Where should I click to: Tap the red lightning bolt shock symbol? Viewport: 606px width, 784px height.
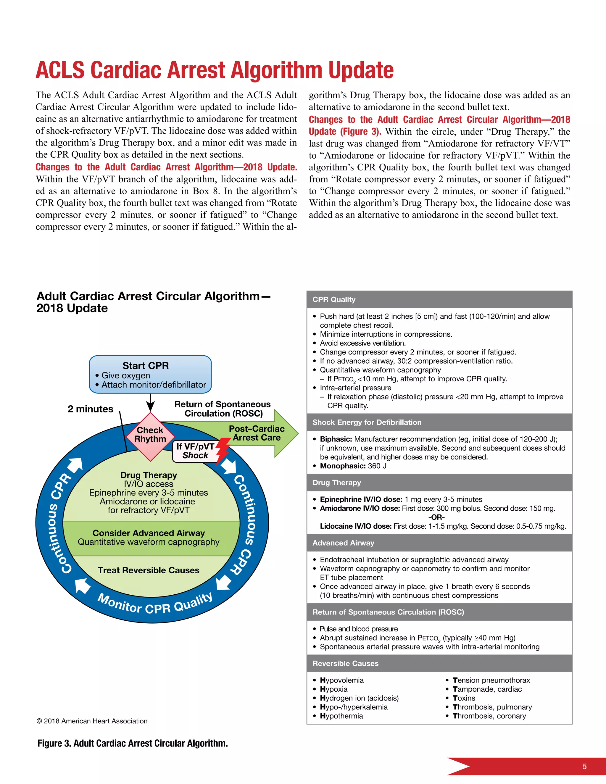click(223, 450)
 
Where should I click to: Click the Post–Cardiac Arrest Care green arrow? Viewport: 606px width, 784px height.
click(257, 433)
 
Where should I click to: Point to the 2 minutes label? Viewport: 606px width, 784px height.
click(90, 409)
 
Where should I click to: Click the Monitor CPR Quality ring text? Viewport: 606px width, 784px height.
click(155, 605)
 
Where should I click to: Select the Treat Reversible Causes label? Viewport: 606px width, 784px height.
click(148, 570)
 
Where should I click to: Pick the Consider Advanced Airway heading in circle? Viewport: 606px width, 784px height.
click(148, 533)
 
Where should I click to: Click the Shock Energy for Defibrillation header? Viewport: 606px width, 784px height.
click(367, 422)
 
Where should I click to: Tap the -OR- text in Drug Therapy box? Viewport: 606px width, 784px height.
click(436, 517)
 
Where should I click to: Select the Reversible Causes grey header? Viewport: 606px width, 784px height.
click(345, 663)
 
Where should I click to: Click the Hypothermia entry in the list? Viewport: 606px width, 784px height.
click(341, 716)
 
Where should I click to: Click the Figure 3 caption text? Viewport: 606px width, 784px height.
click(133, 743)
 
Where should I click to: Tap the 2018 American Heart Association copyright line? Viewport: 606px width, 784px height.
click(92, 721)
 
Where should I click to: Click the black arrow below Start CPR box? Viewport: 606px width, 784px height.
click(150, 403)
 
